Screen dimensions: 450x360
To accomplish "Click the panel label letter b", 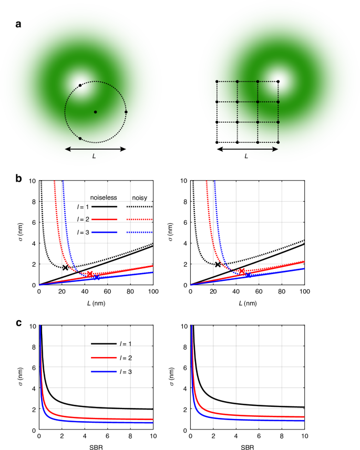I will tap(18, 179).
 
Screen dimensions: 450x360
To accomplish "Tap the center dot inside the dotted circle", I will tap(95, 112).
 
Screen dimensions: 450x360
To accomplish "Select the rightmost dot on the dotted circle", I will tap(126, 112).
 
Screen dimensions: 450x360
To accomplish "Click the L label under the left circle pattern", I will tap(95, 156).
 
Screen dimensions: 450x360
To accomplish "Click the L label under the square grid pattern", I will tap(248, 156).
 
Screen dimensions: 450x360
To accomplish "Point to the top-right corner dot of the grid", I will tap(278, 81).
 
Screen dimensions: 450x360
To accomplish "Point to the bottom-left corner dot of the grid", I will tap(217, 142).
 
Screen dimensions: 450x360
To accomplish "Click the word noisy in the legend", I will tap(139, 198).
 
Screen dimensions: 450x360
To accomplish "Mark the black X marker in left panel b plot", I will tap(65, 268).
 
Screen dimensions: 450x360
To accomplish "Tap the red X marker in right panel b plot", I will tap(241, 271).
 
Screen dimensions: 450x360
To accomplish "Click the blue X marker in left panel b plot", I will tap(97, 277).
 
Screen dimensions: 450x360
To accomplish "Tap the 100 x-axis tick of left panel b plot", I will tap(152, 290).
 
